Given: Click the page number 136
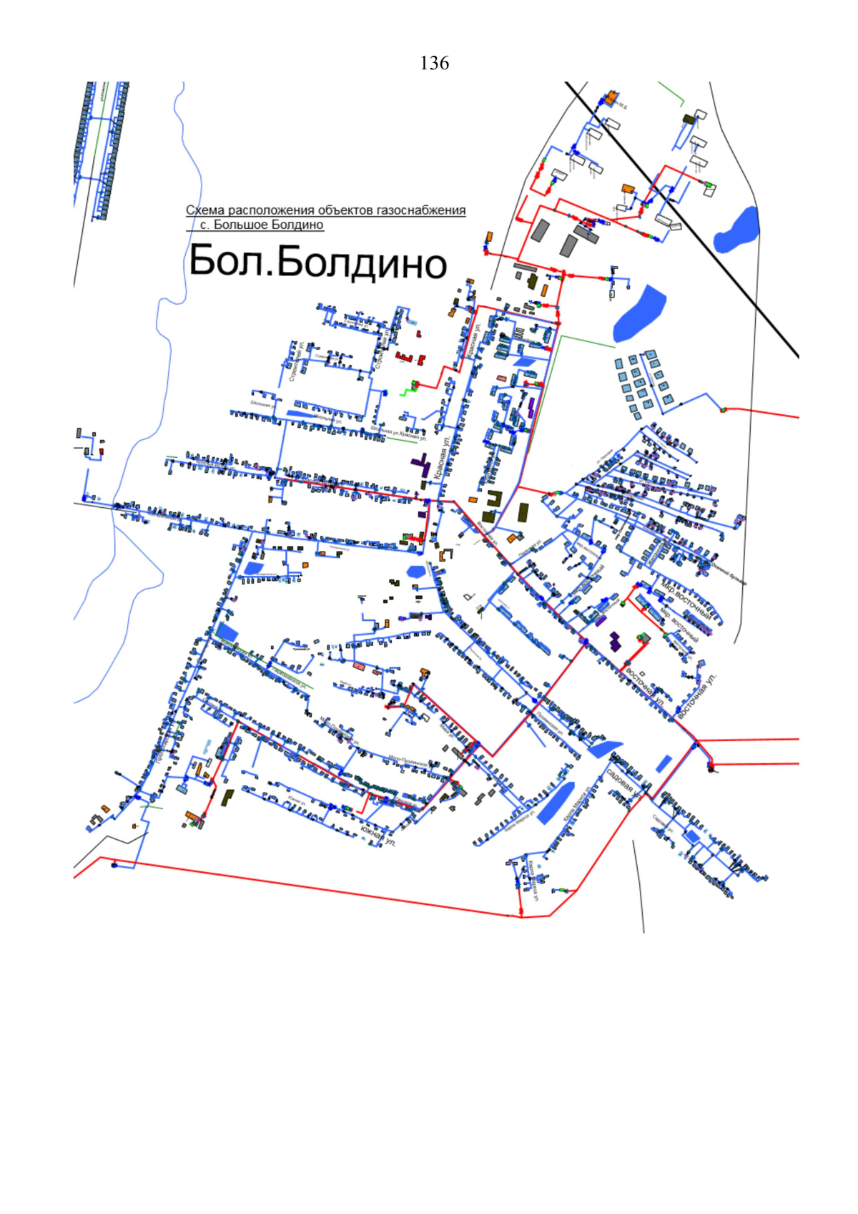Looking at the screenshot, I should coord(434,64).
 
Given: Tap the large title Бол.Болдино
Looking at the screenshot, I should coord(318,262).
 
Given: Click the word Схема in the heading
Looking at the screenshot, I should coord(205,210).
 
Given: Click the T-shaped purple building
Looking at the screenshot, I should coord(421,466).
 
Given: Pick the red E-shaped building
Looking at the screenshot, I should coord(405,356).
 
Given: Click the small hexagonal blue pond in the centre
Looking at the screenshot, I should coord(415,571).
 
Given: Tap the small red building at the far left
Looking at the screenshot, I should coord(102,451).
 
